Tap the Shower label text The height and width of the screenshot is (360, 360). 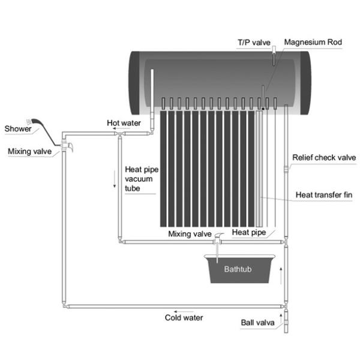point(17,128)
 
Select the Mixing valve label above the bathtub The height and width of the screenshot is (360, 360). point(188,233)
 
